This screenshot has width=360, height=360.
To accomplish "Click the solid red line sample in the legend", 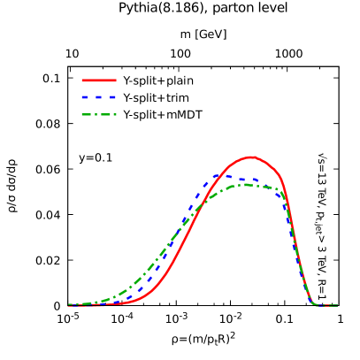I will (98, 80).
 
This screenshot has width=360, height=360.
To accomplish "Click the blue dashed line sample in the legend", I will (98, 97).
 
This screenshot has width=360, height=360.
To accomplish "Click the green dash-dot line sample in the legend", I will (98, 114).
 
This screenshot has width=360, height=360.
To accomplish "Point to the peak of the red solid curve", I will (253, 157).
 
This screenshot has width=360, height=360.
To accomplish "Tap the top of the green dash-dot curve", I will (242, 185).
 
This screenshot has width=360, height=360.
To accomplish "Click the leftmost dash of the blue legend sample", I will (85, 97).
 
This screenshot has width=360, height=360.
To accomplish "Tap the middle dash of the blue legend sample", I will (98, 97).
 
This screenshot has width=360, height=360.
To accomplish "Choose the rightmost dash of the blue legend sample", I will (111, 97).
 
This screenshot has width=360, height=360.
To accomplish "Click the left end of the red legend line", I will (82, 80).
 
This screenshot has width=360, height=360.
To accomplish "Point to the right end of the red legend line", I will (115, 80).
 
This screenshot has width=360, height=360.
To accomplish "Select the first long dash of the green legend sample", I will (88, 114).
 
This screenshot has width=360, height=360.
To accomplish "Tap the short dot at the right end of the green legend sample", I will (113, 114).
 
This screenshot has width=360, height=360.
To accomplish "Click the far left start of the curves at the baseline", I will (69, 305).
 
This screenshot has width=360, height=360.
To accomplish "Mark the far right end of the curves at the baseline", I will (336, 305).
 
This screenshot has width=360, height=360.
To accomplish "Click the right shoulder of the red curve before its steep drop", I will (279, 174).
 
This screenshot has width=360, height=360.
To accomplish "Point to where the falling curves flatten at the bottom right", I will (315, 303).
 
